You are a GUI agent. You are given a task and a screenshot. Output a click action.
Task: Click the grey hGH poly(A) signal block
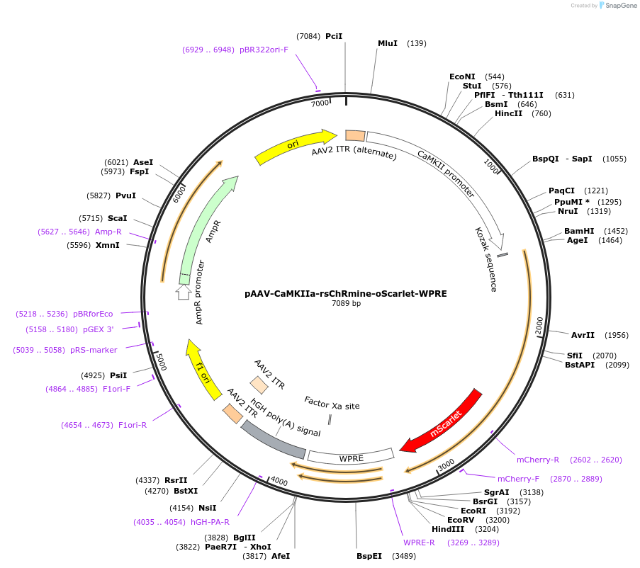[273, 439]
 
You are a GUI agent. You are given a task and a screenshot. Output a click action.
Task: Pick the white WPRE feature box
[351, 458]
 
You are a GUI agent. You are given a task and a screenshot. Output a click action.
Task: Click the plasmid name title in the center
[346, 292]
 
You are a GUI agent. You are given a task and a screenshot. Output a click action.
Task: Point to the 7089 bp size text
[346, 303]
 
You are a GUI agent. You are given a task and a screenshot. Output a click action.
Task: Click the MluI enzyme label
[388, 43]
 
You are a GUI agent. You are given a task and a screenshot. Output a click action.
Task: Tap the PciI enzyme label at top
[334, 35]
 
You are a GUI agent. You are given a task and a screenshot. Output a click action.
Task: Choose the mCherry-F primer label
[518, 479]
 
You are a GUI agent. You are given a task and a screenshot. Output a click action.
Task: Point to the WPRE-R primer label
[419, 543]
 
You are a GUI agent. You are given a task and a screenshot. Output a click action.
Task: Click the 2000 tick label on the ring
[539, 325]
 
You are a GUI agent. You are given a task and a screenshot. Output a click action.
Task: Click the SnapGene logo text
[622, 6]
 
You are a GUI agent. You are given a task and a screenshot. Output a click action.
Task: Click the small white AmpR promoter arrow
[184, 291]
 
